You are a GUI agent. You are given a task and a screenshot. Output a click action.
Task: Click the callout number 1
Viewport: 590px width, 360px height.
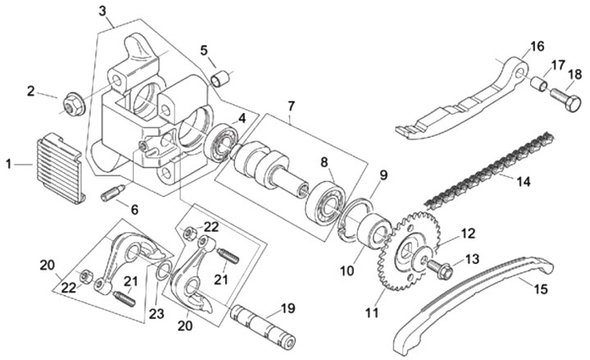8,165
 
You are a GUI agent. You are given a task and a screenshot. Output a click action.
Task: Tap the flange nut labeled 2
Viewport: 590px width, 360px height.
74,105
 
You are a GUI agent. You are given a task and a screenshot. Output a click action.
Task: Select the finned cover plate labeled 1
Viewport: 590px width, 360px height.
60,168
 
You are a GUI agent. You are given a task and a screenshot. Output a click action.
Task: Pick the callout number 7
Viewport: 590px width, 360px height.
291,107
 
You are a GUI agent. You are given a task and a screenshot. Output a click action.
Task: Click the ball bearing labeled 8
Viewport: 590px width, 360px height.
325,205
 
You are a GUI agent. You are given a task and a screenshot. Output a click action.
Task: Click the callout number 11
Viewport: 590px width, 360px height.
372,313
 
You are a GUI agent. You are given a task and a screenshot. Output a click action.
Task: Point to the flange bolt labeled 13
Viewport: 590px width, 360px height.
439,267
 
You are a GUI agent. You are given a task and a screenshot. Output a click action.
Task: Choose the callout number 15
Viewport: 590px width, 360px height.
541,289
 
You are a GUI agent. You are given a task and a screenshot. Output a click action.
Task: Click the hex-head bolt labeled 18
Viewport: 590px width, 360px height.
565,100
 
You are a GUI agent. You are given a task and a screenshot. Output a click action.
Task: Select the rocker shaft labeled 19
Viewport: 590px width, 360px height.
263,327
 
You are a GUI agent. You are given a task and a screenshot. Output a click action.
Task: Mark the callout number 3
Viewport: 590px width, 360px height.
102,11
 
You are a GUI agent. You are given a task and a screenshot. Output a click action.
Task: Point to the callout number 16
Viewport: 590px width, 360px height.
538,46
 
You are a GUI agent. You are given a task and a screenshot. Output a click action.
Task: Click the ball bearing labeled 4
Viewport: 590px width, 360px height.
222,143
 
